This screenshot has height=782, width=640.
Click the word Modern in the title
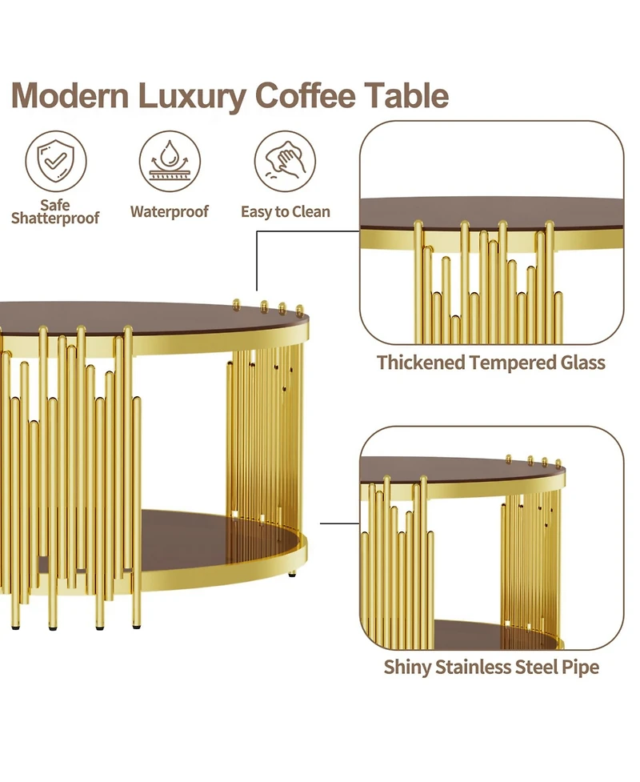tap(71, 96)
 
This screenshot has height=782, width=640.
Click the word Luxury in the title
tap(192, 96)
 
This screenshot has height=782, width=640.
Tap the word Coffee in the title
tap(306, 96)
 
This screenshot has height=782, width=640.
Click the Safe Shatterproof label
tap(55, 211)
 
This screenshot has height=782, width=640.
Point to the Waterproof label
tap(170, 212)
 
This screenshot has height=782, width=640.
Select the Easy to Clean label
tap(286, 212)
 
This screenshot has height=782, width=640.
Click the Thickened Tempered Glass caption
tap(491, 363)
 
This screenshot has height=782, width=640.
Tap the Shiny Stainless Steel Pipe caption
tap(491, 667)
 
